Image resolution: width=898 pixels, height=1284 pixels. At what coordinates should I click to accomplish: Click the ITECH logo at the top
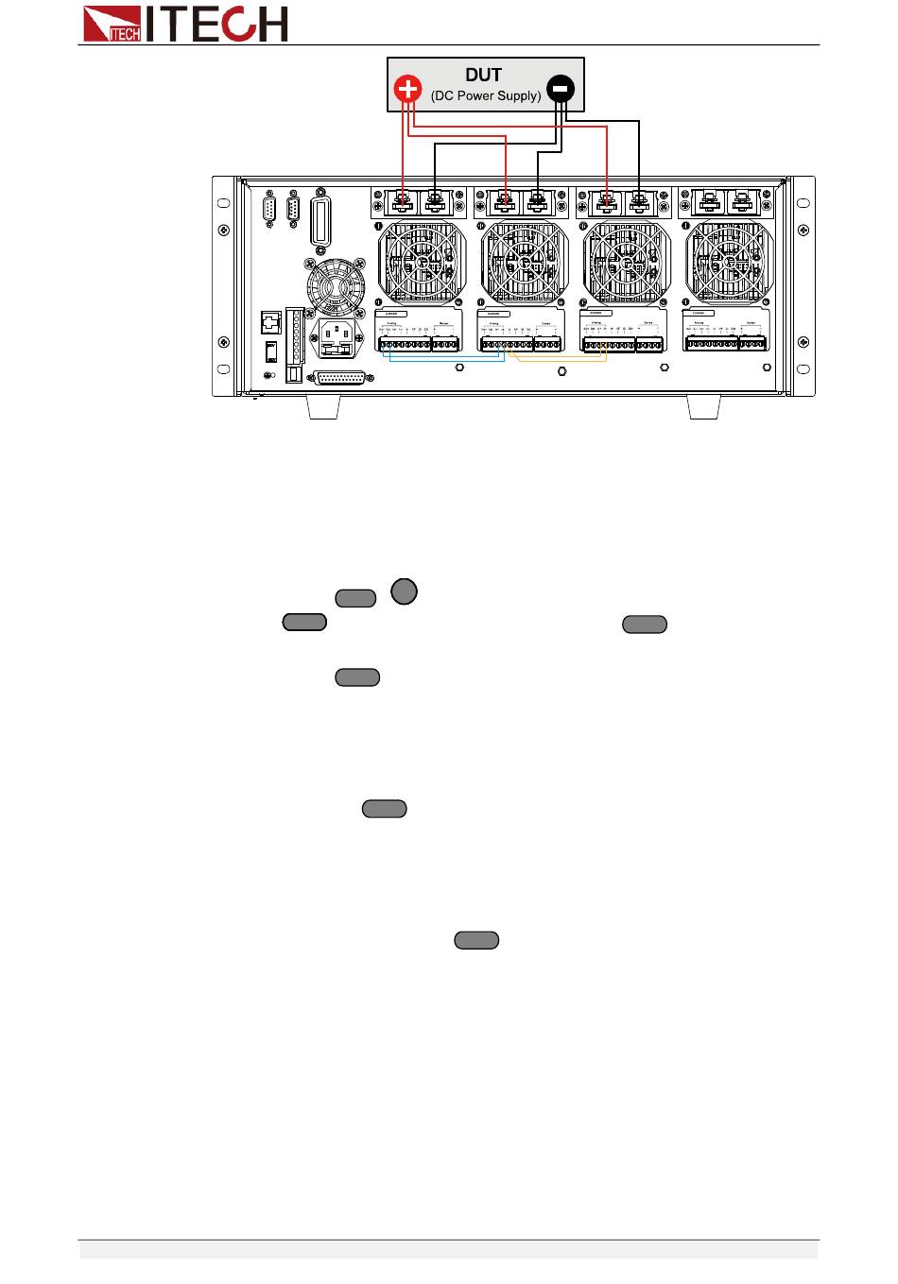tap(184, 24)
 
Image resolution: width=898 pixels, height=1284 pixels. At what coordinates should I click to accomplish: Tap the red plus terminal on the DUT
tap(407, 89)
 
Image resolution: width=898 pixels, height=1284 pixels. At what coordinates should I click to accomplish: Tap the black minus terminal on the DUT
tap(560, 89)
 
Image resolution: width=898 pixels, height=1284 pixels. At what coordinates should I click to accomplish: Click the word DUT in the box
tap(483, 75)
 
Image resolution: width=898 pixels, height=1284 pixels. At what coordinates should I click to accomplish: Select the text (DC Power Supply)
tap(486, 95)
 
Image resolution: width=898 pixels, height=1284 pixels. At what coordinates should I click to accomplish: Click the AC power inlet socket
tap(339, 338)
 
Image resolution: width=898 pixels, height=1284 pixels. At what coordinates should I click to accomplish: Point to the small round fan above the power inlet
tap(334, 285)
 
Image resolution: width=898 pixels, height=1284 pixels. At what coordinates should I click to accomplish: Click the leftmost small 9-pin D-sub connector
tap(269, 209)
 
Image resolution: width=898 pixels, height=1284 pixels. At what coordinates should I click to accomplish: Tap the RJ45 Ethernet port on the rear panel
tap(271, 323)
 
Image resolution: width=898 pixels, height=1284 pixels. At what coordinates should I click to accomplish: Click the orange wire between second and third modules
tap(558, 360)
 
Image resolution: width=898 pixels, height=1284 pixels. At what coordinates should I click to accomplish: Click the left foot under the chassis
tap(323, 407)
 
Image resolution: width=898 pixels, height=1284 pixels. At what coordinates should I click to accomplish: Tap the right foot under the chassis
tap(703, 407)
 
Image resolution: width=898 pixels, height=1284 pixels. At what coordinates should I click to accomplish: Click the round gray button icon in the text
tap(404, 592)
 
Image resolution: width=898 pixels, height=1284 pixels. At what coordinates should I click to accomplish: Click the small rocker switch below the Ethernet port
tap(271, 351)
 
